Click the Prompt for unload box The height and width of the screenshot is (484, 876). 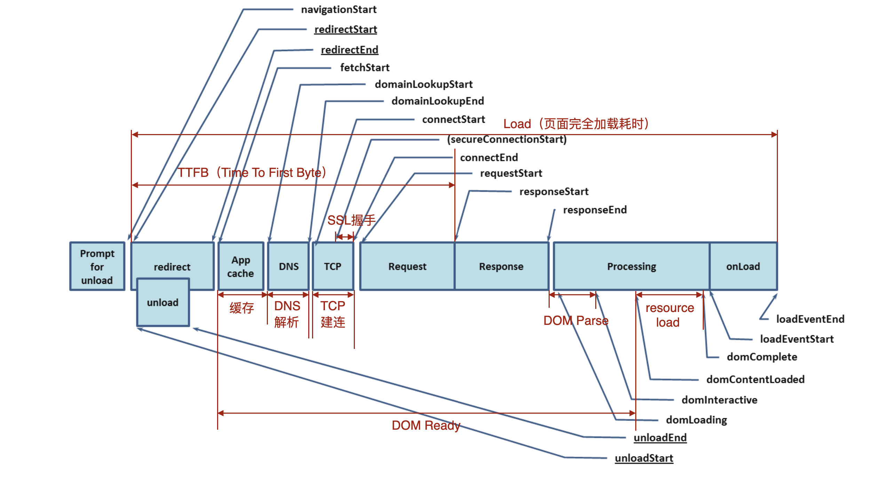97,266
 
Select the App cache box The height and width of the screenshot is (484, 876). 241,266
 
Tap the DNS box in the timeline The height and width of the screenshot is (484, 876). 289,266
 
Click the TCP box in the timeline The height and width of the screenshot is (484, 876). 333,266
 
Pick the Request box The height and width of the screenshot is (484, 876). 407,266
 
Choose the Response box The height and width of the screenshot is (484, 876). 502,266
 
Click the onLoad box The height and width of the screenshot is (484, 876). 743,266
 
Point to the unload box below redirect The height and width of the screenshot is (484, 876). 163,302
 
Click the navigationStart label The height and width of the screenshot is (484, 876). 339,9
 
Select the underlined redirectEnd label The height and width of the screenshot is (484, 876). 350,50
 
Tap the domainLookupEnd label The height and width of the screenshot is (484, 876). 438,101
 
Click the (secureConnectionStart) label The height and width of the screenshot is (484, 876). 507,140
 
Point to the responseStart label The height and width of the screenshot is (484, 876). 554,192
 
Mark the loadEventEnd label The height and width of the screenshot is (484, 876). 810,319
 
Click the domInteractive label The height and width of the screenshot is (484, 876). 719,400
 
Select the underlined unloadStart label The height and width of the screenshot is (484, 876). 644,458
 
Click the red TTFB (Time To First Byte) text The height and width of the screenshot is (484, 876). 252,173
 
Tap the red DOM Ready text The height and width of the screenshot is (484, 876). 426,426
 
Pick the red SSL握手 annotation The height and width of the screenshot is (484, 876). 352,220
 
